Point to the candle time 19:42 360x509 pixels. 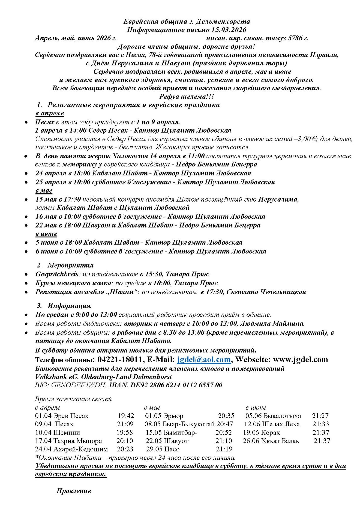click(x=126, y=416)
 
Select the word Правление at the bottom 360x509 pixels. click(x=74, y=491)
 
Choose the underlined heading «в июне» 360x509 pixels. click(x=46, y=234)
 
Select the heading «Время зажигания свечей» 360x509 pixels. click(x=73, y=399)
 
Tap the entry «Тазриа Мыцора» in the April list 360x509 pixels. click(x=78, y=441)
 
